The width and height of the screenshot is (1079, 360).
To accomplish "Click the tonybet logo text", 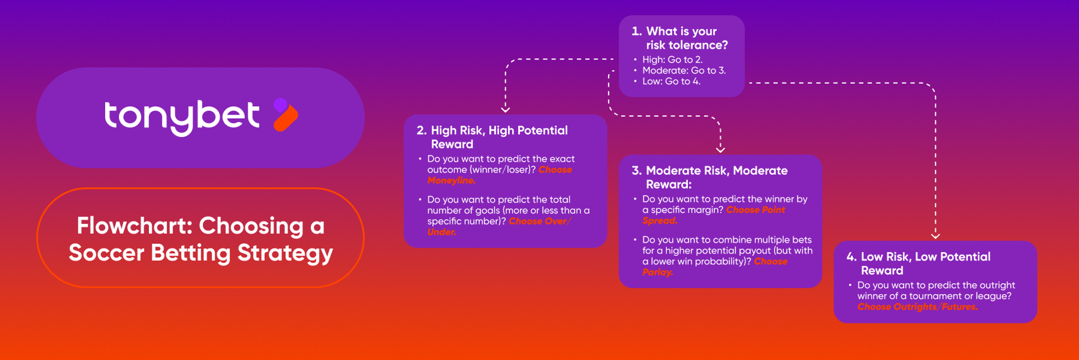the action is coord(182,118).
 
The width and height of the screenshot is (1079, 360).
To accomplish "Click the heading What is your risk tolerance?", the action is coord(680,38).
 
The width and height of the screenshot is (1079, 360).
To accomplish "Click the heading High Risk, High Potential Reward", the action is coord(492,137).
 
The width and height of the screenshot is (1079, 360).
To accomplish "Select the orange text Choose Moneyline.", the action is coord(500,175).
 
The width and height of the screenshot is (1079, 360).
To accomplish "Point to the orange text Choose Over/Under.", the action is coord(499,227).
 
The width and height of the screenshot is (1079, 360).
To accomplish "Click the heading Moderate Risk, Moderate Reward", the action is coord(709,178).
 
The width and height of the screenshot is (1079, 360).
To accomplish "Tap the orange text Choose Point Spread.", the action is coord(714,215).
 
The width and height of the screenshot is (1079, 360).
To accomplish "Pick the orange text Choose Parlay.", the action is coord(715,267).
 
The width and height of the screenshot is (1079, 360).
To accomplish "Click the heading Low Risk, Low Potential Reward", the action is coord(918,263).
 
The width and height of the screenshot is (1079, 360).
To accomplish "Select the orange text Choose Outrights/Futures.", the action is coord(917,307).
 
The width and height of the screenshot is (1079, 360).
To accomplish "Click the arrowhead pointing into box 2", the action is coord(506,110).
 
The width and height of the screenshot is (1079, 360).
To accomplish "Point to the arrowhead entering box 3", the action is coord(720,150).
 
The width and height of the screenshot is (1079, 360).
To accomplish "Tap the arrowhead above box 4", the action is coord(935,236).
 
